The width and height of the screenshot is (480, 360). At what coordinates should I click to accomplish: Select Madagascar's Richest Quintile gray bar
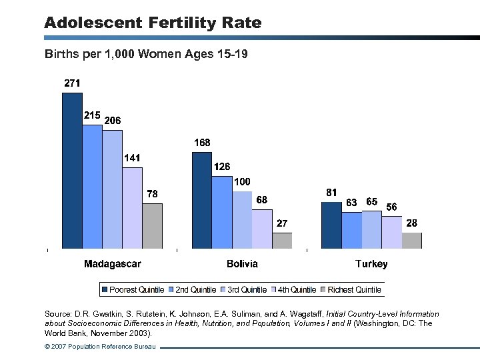point(152,226)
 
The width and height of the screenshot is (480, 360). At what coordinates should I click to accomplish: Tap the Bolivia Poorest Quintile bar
point(202,200)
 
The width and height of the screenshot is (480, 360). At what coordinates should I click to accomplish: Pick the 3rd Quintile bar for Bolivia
point(242,220)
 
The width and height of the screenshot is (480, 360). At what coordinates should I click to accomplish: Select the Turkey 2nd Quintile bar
point(351,230)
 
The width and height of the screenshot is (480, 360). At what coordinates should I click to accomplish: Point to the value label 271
point(72,83)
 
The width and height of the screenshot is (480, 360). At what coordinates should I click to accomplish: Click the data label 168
point(202,143)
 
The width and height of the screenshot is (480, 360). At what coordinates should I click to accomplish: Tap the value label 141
point(132,158)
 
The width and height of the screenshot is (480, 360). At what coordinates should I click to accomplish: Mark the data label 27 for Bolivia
point(282,223)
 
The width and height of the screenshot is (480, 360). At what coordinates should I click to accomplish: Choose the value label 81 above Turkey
point(331,192)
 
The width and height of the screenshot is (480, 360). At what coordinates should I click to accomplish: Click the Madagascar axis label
point(112,264)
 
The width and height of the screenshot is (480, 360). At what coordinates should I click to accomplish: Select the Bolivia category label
point(242,264)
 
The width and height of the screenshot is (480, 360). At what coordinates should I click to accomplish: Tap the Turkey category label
point(371,264)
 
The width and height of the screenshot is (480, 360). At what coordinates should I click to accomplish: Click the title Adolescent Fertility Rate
point(153,23)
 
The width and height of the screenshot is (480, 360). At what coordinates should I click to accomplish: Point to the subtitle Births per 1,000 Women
point(146,53)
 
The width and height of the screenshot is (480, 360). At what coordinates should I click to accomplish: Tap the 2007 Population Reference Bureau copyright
point(100,347)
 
